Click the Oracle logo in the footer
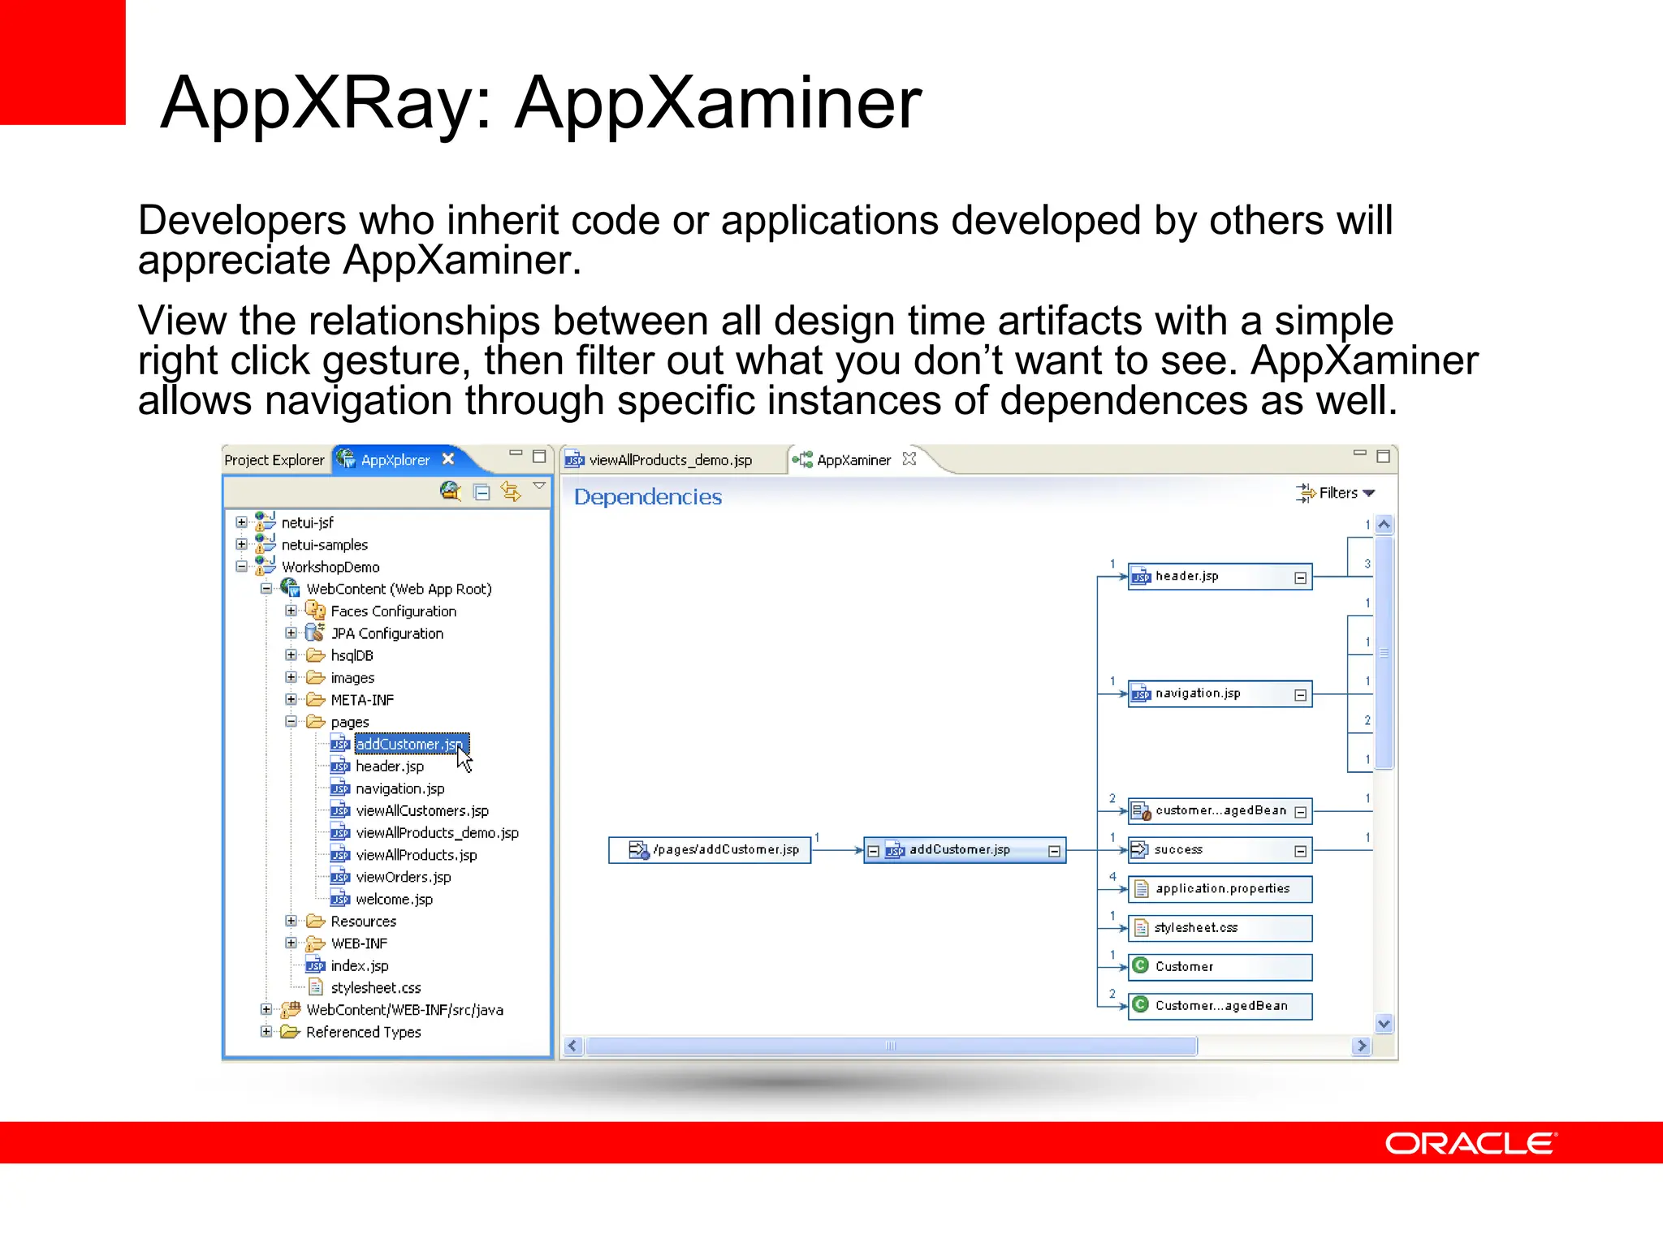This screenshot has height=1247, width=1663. (1470, 1143)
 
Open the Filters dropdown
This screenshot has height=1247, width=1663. (1337, 493)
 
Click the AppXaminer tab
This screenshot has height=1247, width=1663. (853, 460)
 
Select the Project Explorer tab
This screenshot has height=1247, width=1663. (274, 460)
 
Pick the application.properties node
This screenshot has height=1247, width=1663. (1220, 889)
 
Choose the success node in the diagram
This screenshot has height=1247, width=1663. (1210, 850)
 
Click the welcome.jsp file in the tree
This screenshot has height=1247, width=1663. (394, 900)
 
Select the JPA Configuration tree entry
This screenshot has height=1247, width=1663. (387, 633)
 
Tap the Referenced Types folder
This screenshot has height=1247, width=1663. (363, 1032)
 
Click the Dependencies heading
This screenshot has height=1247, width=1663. (647, 497)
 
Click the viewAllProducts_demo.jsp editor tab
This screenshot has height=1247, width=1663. (670, 460)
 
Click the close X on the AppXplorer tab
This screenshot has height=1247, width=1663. (448, 459)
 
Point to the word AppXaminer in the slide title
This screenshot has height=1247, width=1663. (718, 103)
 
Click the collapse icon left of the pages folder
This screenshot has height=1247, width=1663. (291, 721)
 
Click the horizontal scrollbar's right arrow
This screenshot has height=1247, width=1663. (1362, 1046)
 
